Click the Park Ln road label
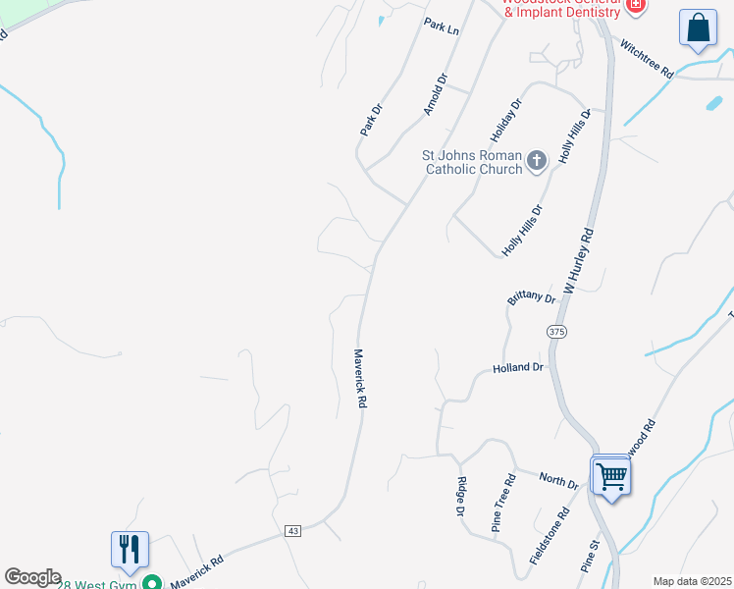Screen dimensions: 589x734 pos(442,26)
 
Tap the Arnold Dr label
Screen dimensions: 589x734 pos(435,94)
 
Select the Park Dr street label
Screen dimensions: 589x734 pos(370,119)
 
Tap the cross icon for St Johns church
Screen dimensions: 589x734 pos(537,160)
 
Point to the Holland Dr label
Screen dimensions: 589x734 pos(518,368)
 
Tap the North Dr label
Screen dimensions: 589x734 pos(558,479)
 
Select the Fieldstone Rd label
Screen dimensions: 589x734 pos(550,535)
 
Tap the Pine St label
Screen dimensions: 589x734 pos(590,555)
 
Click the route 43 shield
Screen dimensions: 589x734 pos(292,530)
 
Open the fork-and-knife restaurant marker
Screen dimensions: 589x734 pos(130,551)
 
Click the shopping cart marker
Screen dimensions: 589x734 pos(611,477)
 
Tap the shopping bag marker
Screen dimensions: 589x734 pos(698,28)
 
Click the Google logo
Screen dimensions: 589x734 pos(32,577)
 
